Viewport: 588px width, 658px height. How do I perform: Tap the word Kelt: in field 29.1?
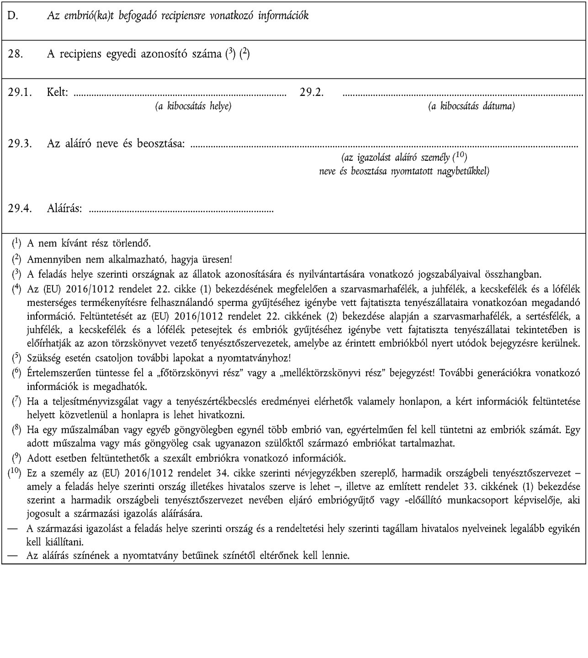pos(58,93)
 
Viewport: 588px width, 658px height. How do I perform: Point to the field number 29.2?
pos(312,93)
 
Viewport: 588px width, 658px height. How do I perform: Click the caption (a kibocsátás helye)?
pos(193,106)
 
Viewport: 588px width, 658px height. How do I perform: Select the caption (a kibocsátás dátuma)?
pos(471,106)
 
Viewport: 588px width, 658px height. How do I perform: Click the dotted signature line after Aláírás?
pos(181,211)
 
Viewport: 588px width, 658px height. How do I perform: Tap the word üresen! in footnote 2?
pos(217,259)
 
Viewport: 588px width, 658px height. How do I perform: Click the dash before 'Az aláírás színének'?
pos(13,556)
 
